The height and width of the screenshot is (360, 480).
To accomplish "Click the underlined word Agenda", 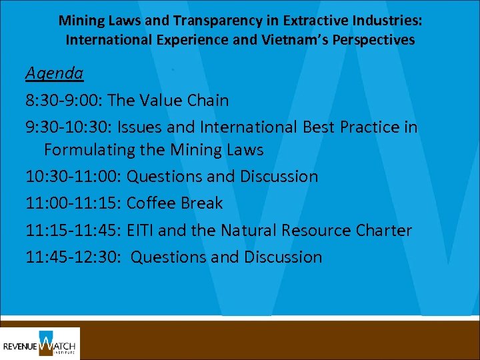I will (54, 73).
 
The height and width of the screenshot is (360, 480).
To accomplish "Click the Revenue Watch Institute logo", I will (40, 343).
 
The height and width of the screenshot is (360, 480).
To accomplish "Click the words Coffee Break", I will (175, 203).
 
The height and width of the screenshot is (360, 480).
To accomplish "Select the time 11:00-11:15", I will (73, 203).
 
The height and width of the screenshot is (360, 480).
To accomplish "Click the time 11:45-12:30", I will (73, 257).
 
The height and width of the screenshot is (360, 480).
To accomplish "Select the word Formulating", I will (90, 150).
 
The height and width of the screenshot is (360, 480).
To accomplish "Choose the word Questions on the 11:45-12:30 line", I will (167, 257).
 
